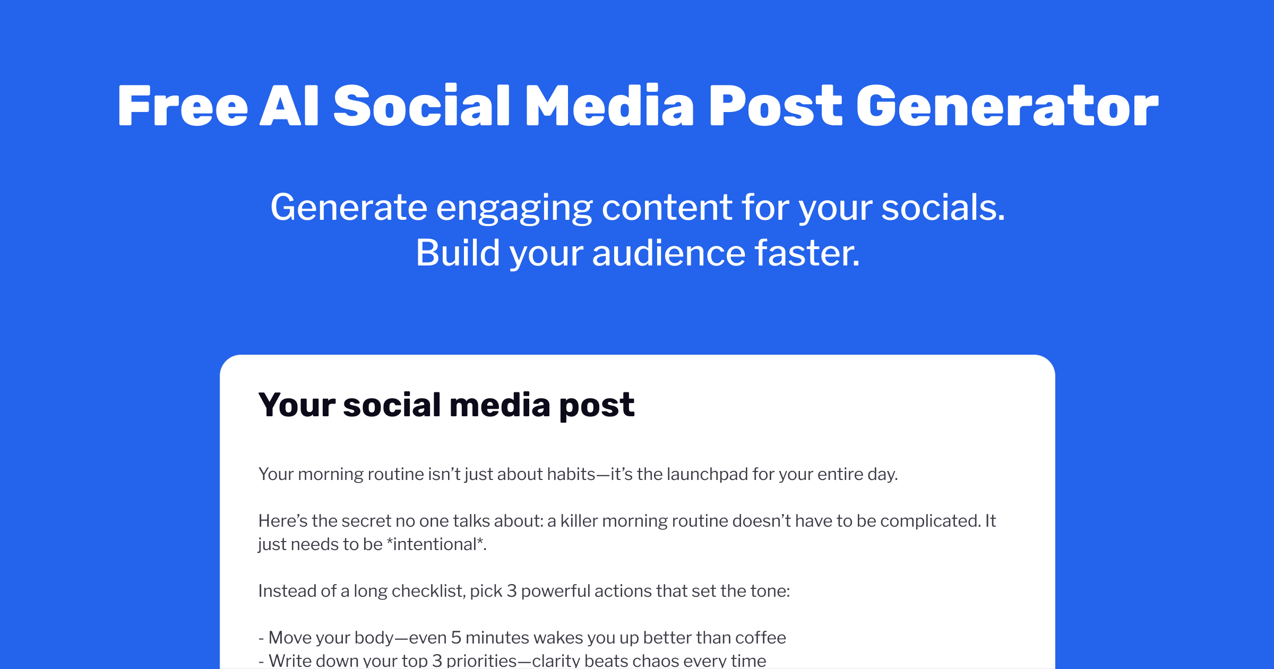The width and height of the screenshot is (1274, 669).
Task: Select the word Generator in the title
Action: [x=1007, y=106]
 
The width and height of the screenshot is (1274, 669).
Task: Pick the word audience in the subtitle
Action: [x=669, y=253]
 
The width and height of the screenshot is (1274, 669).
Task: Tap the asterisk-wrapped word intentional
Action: [x=435, y=544]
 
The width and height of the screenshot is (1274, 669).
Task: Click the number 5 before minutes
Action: [x=456, y=637]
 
